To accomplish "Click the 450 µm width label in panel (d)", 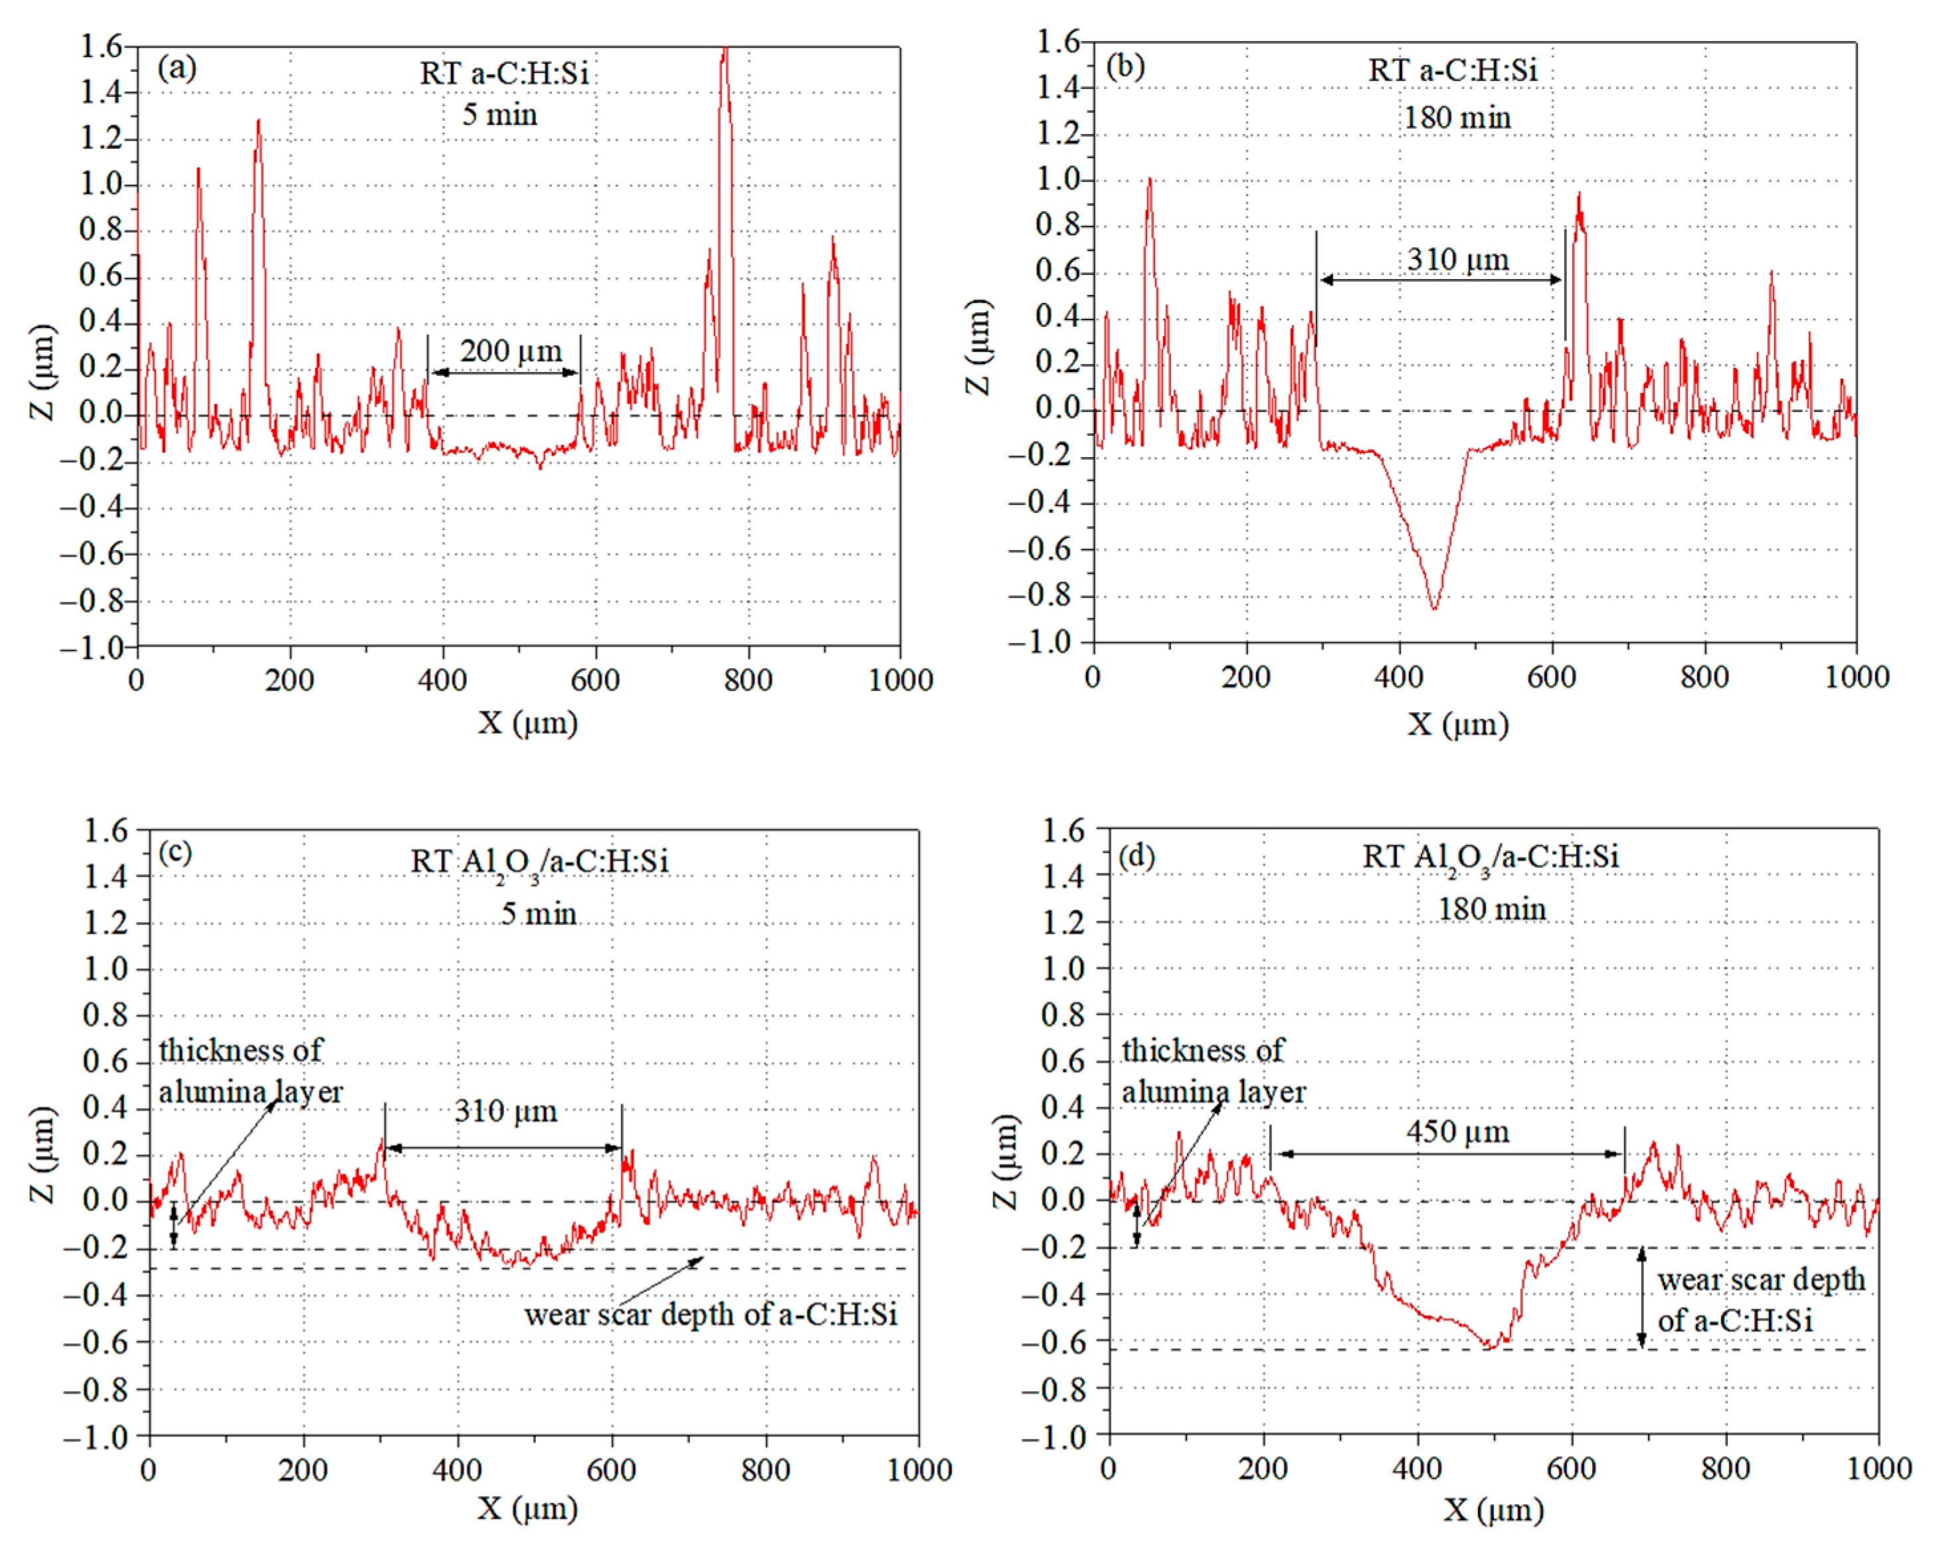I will [1457, 1132].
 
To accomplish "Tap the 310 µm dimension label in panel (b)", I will [1457, 260].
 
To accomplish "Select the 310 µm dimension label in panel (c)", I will [505, 1111].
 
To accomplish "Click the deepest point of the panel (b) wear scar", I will [1434, 608].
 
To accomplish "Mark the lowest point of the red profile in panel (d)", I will [1489, 1346].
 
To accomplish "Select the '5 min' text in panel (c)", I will [538, 914].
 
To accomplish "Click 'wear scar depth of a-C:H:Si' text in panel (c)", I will [711, 1315].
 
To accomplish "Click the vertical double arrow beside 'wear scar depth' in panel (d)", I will [1641, 1297].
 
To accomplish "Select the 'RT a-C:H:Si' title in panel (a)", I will [504, 73].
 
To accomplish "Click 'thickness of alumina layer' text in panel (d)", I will [1212, 1071].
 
